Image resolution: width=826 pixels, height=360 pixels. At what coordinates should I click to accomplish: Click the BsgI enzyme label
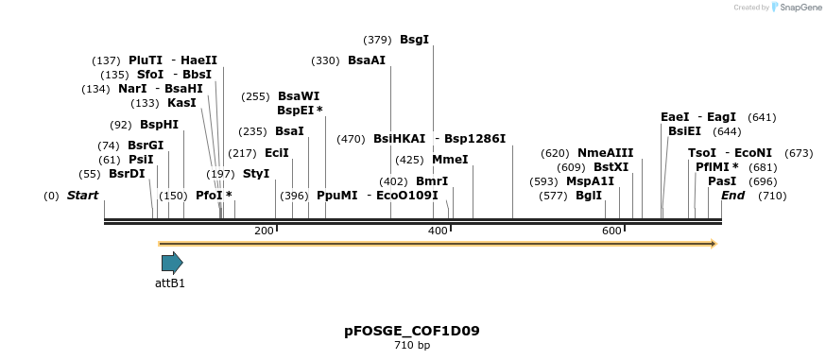[x=414, y=40]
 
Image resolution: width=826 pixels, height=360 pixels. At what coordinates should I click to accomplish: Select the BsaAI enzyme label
[x=366, y=60]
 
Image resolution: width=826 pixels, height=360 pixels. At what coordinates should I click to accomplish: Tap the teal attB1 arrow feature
[x=171, y=263]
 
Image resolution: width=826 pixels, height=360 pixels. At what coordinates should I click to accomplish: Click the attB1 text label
[x=170, y=283]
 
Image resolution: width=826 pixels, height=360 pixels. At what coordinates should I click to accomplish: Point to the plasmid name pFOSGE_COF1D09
[x=412, y=332]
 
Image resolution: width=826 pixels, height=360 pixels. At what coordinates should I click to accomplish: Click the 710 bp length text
[x=412, y=346]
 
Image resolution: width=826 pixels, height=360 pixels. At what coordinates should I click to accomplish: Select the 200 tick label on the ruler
[x=264, y=231]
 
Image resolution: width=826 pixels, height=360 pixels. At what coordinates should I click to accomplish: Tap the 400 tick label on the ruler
[x=438, y=231]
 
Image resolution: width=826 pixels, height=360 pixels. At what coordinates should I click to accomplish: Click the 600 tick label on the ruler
[x=611, y=231]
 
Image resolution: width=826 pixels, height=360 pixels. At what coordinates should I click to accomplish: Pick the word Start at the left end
[x=82, y=196]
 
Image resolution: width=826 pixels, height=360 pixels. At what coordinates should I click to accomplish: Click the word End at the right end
[x=732, y=196]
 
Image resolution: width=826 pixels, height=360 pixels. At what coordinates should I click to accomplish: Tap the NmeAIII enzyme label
[x=605, y=153]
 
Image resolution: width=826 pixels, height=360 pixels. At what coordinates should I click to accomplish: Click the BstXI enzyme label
[x=611, y=167]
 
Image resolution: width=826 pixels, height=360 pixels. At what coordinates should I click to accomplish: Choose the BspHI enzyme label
[x=159, y=125]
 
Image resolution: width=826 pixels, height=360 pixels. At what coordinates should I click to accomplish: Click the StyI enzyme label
[x=256, y=174]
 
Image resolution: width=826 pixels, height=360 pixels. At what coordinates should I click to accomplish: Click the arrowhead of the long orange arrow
[x=714, y=244]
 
